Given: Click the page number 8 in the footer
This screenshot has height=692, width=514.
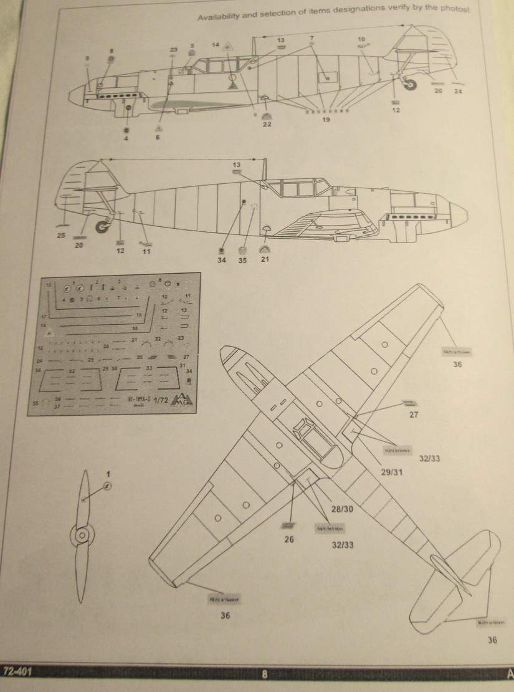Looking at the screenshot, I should (x=264, y=673).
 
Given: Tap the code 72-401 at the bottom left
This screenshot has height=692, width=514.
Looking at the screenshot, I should (x=17, y=671).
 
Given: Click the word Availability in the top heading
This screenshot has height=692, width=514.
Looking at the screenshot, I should (x=222, y=17).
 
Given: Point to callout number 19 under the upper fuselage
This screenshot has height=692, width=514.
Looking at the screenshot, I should (x=326, y=120).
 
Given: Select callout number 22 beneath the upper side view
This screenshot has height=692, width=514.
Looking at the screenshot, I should (x=267, y=125).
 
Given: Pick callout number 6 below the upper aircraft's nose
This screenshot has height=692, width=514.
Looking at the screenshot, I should (x=158, y=137).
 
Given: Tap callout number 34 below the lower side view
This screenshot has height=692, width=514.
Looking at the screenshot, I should (x=222, y=260).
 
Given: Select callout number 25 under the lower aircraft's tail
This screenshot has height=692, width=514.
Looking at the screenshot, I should (x=60, y=235).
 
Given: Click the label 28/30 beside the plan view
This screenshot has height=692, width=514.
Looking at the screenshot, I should (x=342, y=509).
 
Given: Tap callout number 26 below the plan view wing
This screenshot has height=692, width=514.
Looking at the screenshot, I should (x=289, y=539).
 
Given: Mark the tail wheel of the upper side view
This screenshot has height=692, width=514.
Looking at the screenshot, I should (x=411, y=84).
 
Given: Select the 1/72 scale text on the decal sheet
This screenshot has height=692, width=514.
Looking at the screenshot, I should (x=161, y=401).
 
